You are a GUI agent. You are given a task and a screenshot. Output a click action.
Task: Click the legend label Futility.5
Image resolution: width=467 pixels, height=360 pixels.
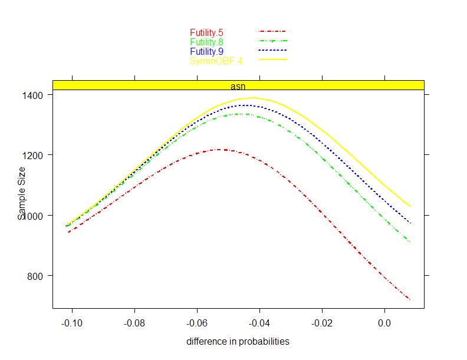pyautogui.click(x=206, y=33)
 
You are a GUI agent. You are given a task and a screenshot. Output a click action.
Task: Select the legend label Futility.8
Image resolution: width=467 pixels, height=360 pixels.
pyautogui.click(x=206, y=42)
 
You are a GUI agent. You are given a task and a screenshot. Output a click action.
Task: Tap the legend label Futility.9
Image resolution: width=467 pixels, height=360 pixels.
pyautogui.click(x=206, y=52)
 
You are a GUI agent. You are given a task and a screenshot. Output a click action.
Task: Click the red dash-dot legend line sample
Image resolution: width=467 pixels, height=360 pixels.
pyautogui.click(x=272, y=31)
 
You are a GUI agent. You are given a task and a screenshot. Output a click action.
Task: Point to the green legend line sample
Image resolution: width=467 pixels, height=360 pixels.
pyautogui.click(x=272, y=41)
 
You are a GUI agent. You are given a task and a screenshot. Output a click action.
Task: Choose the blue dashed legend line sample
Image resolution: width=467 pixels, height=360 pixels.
pyautogui.click(x=272, y=50)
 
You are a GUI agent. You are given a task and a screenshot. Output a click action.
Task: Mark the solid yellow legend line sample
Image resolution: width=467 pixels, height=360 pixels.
pyautogui.click(x=272, y=60)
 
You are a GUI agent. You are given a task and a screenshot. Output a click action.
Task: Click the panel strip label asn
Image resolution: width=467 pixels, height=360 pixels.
pyautogui.click(x=238, y=86)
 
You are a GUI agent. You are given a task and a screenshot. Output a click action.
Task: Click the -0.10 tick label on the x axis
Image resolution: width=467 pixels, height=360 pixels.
pyautogui.click(x=72, y=323)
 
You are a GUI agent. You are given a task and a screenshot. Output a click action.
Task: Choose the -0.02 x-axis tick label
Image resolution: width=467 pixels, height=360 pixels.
pyautogui.click(x=322, y=323)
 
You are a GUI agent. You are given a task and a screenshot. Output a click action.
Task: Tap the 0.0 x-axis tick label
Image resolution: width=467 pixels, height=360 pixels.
pyautogui.click(x=384, y=323)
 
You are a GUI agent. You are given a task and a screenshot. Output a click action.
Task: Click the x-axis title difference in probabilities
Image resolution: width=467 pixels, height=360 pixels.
pyautogui.click(x=238, y=342)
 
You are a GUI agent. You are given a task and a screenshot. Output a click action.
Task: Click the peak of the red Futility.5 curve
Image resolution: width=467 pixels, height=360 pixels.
pyautogui.click(x=219, y=150)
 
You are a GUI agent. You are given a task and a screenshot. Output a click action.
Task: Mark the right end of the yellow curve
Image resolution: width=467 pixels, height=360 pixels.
pyautogui.click(x=410, y=206)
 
